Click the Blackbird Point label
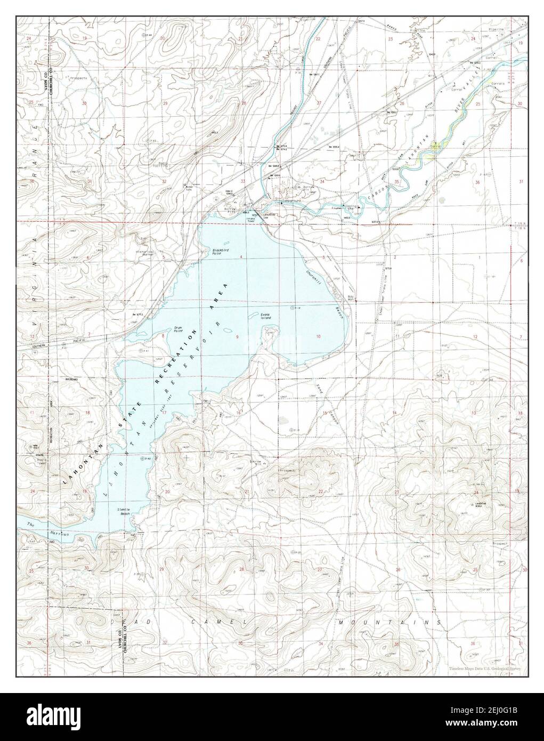216,252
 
